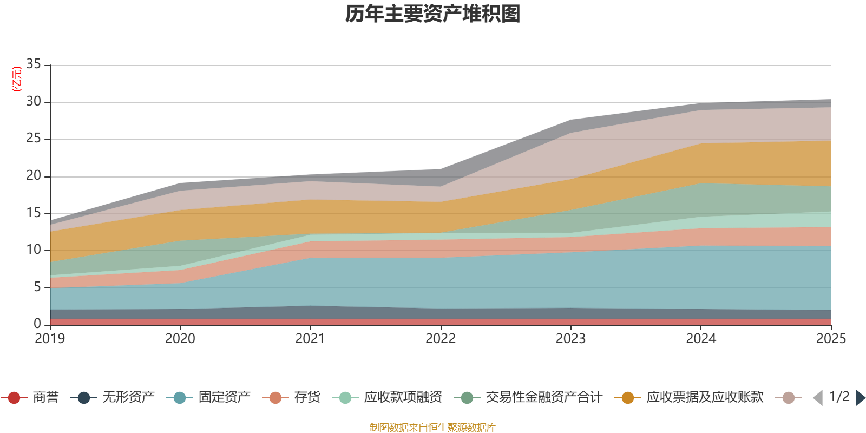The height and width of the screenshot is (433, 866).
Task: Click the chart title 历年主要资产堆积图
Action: [x=433, y=14]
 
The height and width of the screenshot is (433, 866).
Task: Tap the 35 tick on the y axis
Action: [x=34, y=64]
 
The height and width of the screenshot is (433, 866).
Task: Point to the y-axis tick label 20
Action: [x=34, y=175]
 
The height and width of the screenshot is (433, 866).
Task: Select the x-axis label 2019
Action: [x=50, y=339]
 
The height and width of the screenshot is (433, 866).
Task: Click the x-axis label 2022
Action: [x=440, y=339]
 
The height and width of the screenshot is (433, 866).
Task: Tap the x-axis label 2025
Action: [x=830, y=339]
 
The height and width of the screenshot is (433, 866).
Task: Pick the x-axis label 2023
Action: [x=570, y=339]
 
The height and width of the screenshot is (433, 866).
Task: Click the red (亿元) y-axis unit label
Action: [x=17, y=79]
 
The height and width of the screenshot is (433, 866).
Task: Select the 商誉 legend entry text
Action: [x=45, y=398]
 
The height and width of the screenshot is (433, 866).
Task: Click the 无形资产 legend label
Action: [x=129, y=398]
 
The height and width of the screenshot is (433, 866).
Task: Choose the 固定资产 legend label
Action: [x=224, y=398]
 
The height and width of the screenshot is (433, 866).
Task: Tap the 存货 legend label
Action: [x=307, y=398]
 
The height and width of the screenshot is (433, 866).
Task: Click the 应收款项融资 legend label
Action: [x=403, y=398]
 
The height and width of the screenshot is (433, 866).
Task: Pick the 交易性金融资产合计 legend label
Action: [x=543, y=398]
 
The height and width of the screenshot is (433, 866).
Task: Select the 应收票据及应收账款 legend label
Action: [x=705, y=398]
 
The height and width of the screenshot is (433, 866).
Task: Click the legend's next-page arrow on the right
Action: [x=860, y=398]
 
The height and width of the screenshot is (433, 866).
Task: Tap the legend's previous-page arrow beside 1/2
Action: [x=818, y=398]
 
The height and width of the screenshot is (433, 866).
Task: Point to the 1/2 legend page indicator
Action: [x=839, y=397]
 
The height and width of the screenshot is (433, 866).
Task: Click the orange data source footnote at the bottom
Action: [x=433, y=428]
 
